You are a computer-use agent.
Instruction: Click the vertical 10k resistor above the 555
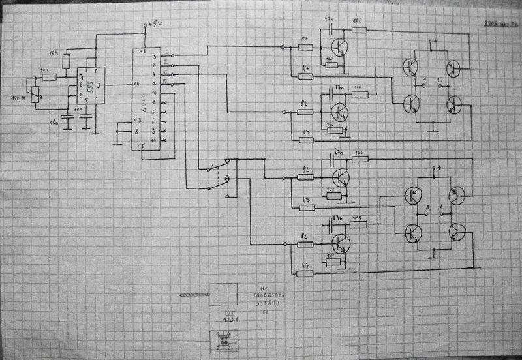(66, 61)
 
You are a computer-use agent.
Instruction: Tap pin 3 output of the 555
(98, 85)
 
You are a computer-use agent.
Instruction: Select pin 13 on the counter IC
(136, 121)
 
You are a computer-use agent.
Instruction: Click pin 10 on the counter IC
(154, 94)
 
